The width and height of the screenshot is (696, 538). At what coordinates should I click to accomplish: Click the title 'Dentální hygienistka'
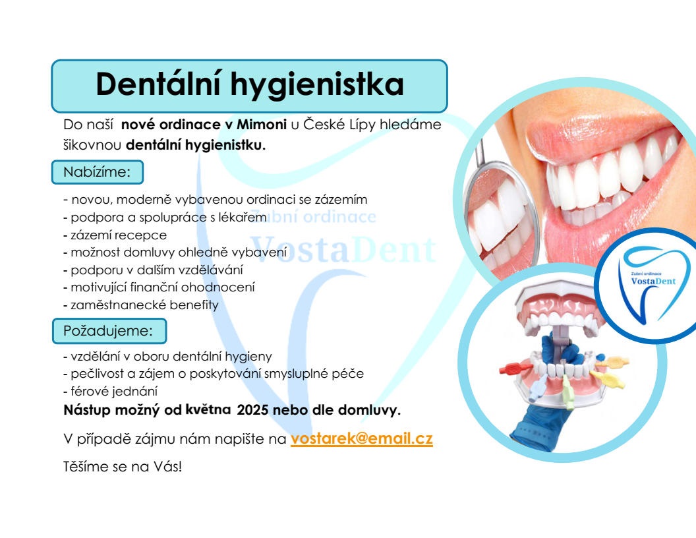(x=249, y=84)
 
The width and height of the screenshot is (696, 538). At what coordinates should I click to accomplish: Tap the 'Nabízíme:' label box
(x=98, y=172)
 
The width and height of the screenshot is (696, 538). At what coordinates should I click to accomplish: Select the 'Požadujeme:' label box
(x=109, y=331)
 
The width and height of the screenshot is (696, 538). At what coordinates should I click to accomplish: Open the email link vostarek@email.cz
(x=361, y=438)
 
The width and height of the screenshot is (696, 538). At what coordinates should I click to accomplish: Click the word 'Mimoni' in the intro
(x=262, y=125)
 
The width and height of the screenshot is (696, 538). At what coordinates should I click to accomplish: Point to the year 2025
(x=252, y=409)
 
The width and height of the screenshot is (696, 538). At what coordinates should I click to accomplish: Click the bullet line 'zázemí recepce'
(x=115, y=235)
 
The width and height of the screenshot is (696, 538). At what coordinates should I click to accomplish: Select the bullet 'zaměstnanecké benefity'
(x=141, y=305)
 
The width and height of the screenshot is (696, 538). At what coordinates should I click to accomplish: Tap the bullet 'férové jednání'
(x=111, y=392)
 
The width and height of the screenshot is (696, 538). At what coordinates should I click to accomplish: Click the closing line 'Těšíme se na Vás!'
(x=123, y=467)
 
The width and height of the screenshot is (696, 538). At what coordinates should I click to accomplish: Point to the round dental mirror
(x=501, y=218)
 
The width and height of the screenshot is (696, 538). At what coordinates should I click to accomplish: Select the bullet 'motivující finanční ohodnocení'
(x=159, y=287)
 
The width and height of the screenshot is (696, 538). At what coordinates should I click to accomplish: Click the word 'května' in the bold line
(x=208, y=409)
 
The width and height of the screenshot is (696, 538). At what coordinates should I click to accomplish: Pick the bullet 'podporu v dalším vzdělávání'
(x=153, y=270)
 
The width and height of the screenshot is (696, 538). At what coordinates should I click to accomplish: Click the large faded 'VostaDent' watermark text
(x=343, y=249)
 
